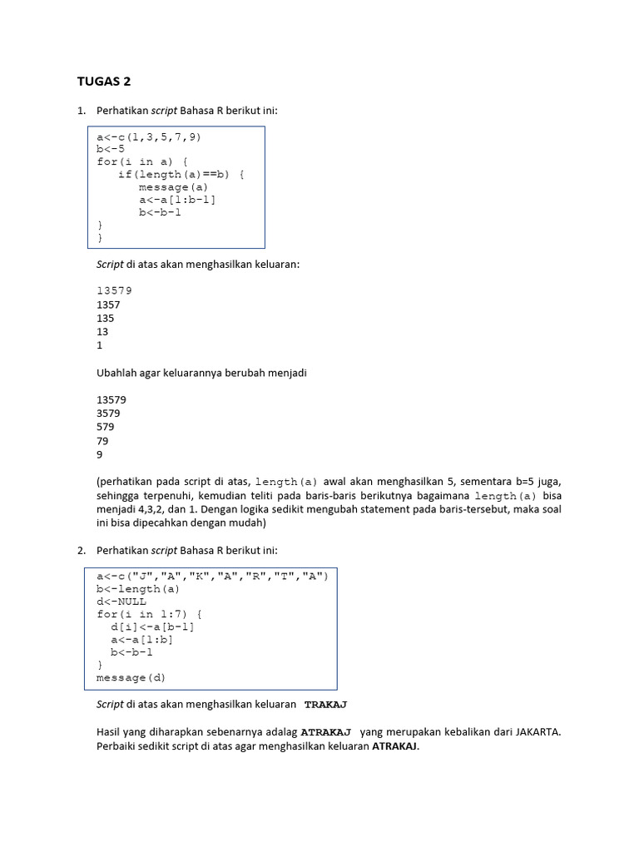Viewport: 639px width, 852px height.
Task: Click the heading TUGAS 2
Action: pyautogui.click(x=104, y=82)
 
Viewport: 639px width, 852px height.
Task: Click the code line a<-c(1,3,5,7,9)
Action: pyautogui.click(x=149, y=136)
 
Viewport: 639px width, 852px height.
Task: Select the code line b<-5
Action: pyautogui.click(x=111, y=149)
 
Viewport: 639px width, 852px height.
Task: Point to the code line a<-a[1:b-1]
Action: pyautogui.click(x=182, y=199)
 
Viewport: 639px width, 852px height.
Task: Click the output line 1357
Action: pyautogui.click(x=108, y=305)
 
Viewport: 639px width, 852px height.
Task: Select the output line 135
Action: pyautogui.click(x=106, y=318)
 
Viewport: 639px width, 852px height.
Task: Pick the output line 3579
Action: pyautogui.click(x=108, y=413)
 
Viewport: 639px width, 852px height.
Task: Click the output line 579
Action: pyautogui.click(x=106, y=427)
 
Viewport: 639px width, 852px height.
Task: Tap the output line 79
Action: pyautogui.click(x=102, y=441)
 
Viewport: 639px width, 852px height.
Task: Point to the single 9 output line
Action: pyautogui.click(x=100, y=454)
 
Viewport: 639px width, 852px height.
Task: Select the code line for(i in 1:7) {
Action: pyautogui.click(x=142, y=614)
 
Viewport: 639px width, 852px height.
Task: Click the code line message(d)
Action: pyautogui.click(x=131, y=677)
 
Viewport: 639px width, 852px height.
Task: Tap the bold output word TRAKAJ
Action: pyautogui.click(x=325, y=704)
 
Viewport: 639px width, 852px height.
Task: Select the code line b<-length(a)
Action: pyautogui.click(x=138, y=589)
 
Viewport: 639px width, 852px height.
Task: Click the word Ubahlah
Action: pyautogui.click(x=116, y=373)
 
